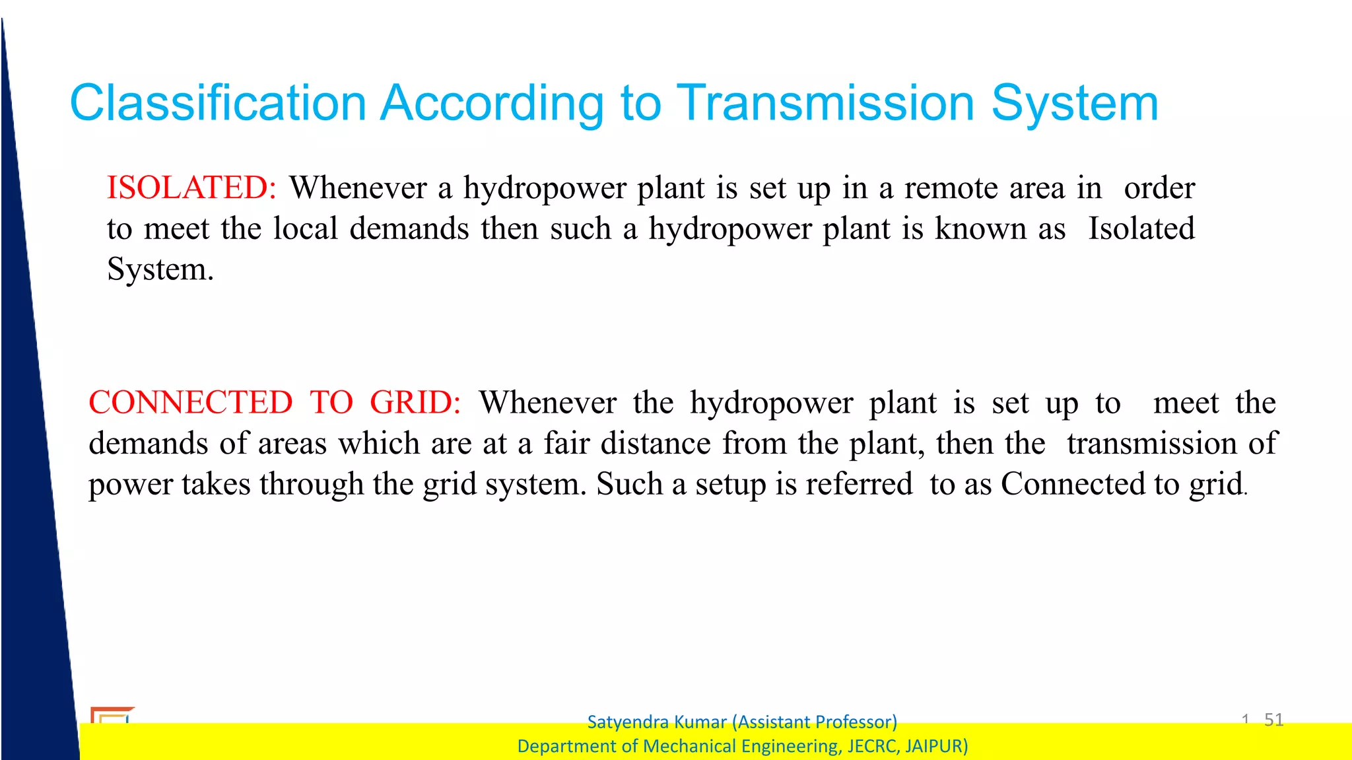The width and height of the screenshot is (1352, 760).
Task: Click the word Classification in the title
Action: (x=218, y=104)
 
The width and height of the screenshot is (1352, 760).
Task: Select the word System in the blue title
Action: (x=1074, y=104)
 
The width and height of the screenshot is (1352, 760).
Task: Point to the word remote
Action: (x=951, y=188)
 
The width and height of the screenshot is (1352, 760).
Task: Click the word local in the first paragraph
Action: (x=306, y=229)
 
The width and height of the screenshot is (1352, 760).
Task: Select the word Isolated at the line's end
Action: (x=1141, y=229)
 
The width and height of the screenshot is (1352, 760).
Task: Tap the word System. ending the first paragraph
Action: (x=160, y=270)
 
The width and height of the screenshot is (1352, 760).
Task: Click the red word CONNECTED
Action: (x=191, y=403)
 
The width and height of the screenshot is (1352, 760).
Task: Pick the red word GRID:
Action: (x=415, y=403)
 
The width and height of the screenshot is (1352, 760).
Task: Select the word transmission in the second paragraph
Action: (x=1151, y=444)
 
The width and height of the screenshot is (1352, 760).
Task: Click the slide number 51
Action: (x=1273, y=720)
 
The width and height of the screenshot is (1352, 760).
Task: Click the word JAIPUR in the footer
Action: (x=935, y=746)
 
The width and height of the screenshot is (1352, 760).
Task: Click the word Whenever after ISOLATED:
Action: (x=358, y=188)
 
